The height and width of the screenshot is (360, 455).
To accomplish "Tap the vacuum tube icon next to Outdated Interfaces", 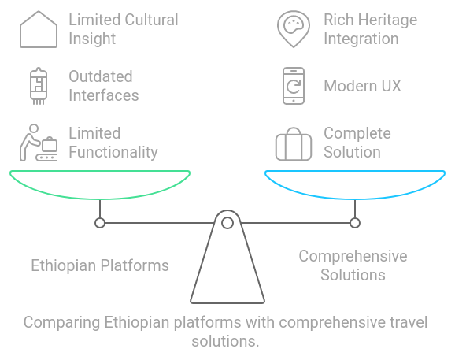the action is click(x=39, y=86).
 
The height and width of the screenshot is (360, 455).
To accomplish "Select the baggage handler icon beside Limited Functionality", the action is click(x=39, y=143).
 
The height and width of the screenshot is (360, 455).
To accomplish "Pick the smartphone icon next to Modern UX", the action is click(x=294, y=69).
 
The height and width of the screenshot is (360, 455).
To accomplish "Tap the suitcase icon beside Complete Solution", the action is click(x=294, y=159).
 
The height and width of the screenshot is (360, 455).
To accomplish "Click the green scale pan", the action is click(x=100, y=199).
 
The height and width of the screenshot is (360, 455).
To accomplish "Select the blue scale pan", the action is click(x=355, y=199).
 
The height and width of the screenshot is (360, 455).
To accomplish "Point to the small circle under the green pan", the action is click(x=100, y=223).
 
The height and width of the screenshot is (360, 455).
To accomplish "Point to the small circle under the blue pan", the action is click(x=355, y=223).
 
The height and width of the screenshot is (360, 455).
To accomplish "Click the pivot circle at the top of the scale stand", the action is click(x=227, y=223).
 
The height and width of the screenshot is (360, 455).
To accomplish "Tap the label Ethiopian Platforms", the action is click(x=100, y=265).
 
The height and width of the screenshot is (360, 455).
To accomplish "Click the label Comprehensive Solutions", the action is click(x=353, y=265).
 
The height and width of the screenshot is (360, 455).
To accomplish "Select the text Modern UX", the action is click(x=362, y=86).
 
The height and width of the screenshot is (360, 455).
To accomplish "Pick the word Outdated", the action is click(x=101, y=76).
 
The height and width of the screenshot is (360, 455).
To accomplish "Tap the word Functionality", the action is click(x=113, y=152).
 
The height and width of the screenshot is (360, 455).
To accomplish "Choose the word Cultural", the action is click(x=151, y=20).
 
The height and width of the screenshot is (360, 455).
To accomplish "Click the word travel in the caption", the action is click(x=409, y=322).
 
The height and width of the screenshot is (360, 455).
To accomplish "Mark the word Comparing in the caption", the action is click(x=62, y=323).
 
